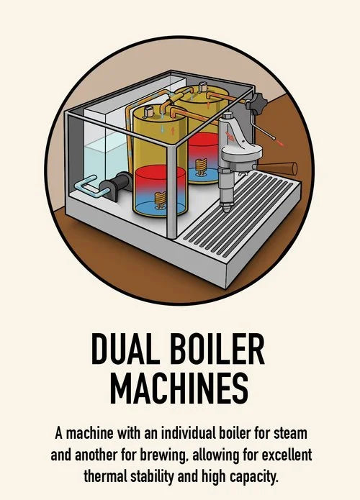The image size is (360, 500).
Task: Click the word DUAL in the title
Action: [x=125, y=349]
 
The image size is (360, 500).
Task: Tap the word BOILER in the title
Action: [x=217, y=349]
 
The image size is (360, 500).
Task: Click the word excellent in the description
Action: [x=287, y=455]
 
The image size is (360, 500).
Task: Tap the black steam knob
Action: [x=257, y=102]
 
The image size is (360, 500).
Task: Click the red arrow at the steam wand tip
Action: [x=282, y=143]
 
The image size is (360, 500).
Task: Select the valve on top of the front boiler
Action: [x=149, y=111]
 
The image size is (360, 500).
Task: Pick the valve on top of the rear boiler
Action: [x=202, y=87]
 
